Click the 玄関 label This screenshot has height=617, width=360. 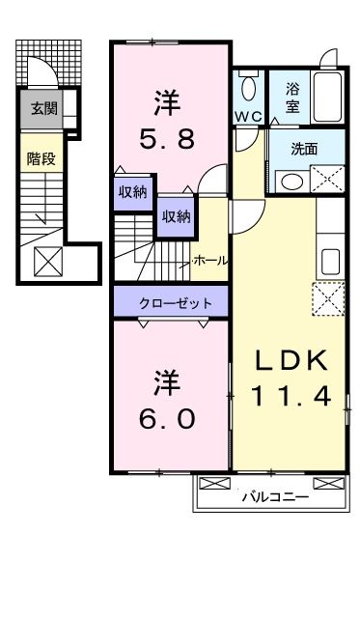point(42,108)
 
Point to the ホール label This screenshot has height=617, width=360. point(209,261)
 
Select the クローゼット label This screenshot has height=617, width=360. point(174,302)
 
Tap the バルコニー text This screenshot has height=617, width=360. point(274,497)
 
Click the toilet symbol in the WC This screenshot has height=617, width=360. point(248,90)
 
